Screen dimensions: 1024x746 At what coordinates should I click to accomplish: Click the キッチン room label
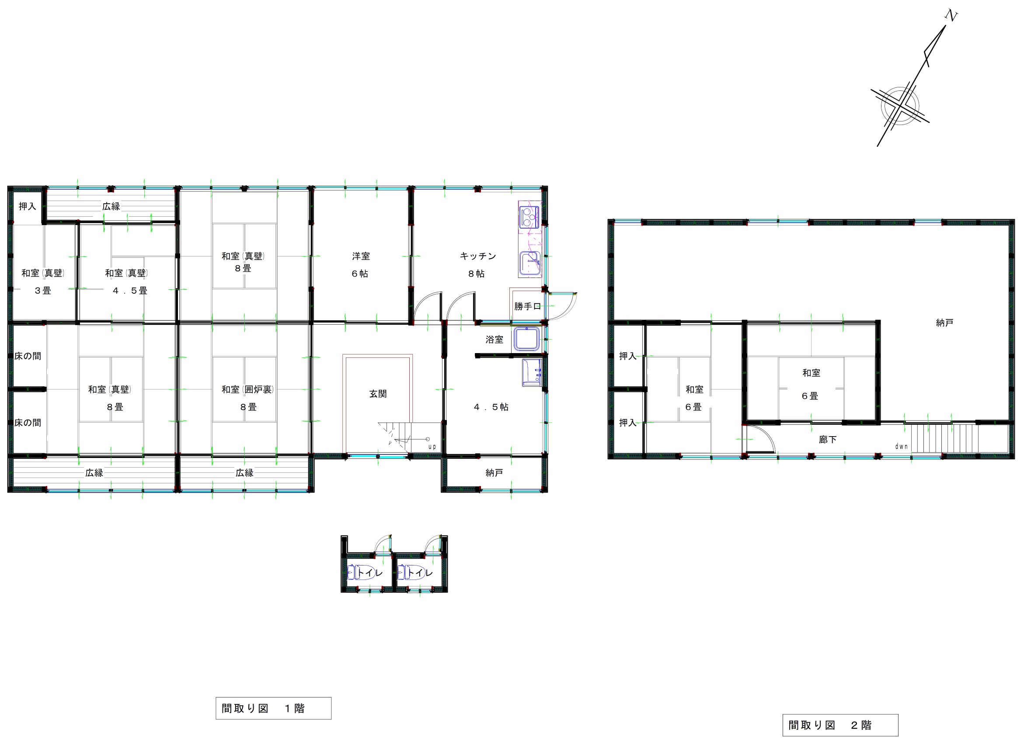pos(478,256)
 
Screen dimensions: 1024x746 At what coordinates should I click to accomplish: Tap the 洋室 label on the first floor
pos(361,256)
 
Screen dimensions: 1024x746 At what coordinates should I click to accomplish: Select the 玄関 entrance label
pos(378,394)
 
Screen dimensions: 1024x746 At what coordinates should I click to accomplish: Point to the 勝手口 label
pos(527,306)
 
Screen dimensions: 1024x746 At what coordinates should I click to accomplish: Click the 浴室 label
pos(494,340)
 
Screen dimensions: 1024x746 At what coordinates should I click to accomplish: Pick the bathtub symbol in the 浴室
pos(526,339)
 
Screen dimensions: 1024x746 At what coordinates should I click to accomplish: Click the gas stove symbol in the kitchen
pos(529,217)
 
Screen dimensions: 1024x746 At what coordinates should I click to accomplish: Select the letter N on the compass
pos(951,16)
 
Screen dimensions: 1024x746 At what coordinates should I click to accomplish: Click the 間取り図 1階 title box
pos(273,708)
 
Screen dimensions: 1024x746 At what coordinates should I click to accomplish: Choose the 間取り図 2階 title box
pos(840,725)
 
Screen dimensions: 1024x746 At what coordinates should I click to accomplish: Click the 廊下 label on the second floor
pos(828,439)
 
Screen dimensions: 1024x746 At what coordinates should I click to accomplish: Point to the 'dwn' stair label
pos(901,447)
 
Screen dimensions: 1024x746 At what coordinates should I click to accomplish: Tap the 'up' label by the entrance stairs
pos(432,447)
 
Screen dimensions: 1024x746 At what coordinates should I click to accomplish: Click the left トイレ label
pos(370,573)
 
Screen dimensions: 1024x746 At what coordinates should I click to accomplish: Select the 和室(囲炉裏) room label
pos(247,389)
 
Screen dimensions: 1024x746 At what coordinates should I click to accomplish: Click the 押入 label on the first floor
pos(27,206)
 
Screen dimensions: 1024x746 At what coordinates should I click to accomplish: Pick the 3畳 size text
pos(43,291)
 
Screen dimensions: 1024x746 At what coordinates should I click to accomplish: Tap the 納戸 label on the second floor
pos(944,323)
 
